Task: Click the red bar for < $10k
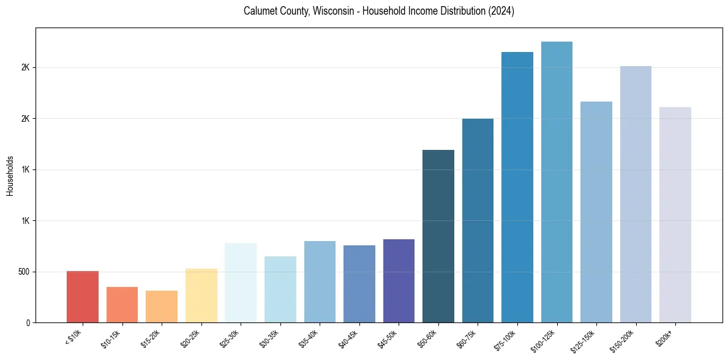click(x=83, y=297)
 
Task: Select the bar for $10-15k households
click(x=122, y=305)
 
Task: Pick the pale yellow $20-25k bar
click(x=201, y=296)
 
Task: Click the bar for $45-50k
click(x=399, y=281)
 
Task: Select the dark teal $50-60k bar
click(x=438, y=236)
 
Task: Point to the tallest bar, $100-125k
click(x=557, y=182)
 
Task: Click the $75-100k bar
click(x=517, y=187)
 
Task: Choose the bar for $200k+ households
click(x=675, y=215)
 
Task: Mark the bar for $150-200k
click(x=636, y=194)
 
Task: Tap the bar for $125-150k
click(x=596, y=212)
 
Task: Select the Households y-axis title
click(x=10, y=176)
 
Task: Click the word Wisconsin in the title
click(x=337, y=11)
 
